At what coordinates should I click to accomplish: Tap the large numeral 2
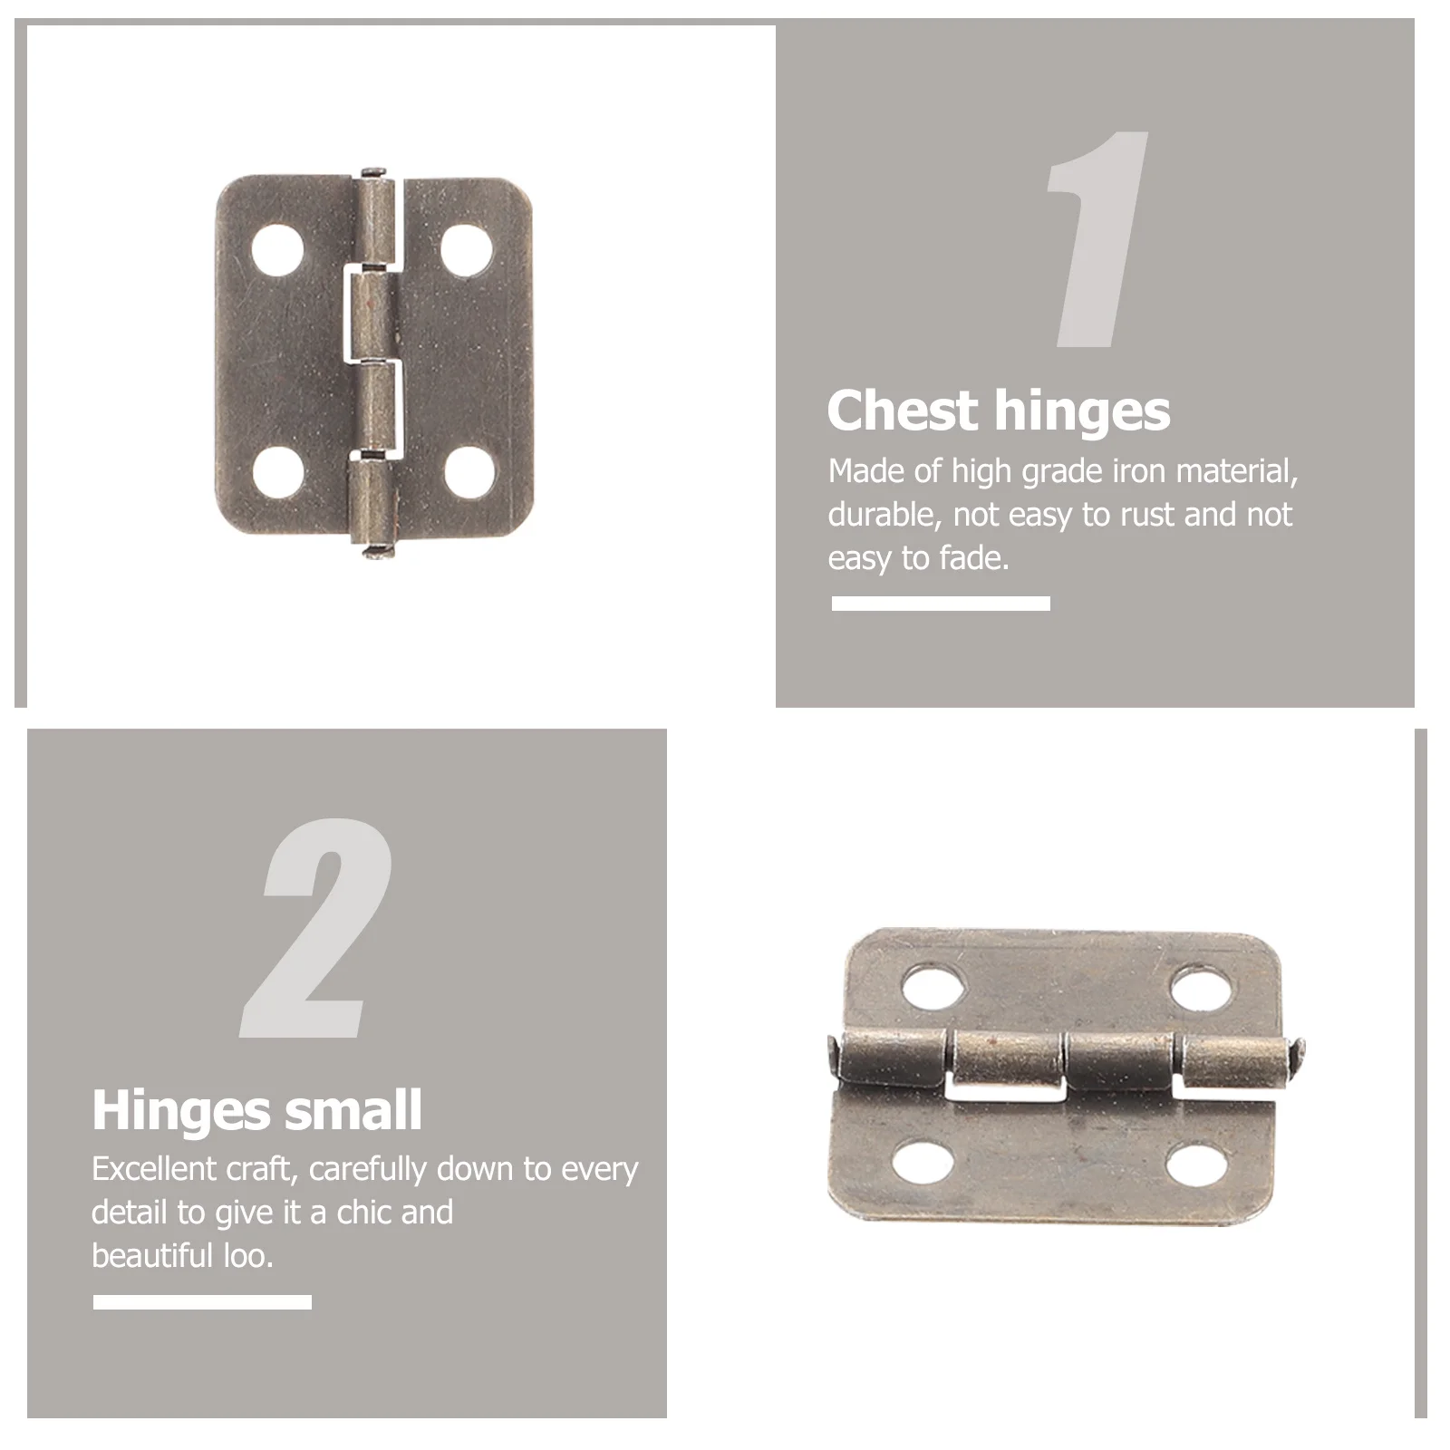[317, 928]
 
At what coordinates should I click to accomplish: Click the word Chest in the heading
[903, 411]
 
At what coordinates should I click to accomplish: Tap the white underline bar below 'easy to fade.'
[941, 604]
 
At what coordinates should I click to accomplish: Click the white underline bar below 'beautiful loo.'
[202, 1302]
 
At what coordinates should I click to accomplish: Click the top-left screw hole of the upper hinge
[277, 249]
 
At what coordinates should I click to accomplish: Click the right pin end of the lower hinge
[1299, 1056]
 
